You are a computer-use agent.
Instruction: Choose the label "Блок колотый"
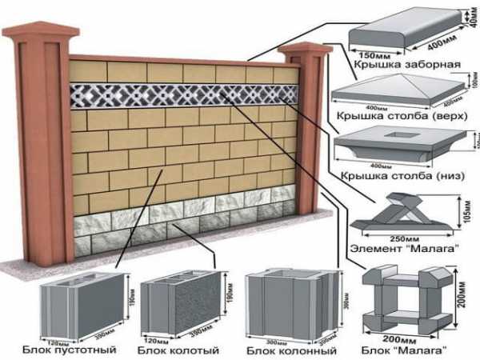173,350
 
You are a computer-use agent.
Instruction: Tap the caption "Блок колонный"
281,350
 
